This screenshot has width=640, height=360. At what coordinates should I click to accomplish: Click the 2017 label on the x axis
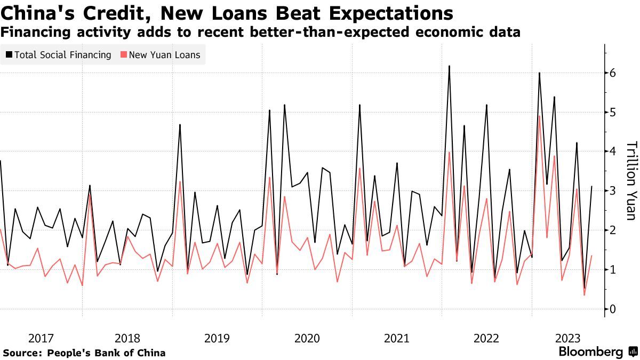click(41, 338)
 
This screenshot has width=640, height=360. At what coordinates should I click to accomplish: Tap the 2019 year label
click(217, 338)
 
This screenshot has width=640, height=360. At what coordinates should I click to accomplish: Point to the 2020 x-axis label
click(307, 338)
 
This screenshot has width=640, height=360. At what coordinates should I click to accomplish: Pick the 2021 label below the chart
click(397, 338)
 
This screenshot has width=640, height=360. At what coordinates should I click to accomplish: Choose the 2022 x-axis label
click(486, 338)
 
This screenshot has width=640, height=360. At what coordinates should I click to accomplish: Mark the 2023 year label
click(569, 338)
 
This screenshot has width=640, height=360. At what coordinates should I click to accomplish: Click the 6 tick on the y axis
click(613, 73)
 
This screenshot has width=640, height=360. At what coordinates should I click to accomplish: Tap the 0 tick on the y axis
click(613, 309)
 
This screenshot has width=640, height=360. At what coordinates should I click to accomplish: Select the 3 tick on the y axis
click(613, 191)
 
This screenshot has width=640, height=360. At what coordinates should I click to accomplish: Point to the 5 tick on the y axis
click(613, 113)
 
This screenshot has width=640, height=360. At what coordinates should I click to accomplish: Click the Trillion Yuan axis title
click(630, 180)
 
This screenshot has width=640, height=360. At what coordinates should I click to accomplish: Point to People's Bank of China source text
click(106, 353)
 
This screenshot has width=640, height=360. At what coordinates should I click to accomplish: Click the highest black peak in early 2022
click(449, 66)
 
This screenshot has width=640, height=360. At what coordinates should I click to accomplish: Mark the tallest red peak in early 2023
click(539, 116)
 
